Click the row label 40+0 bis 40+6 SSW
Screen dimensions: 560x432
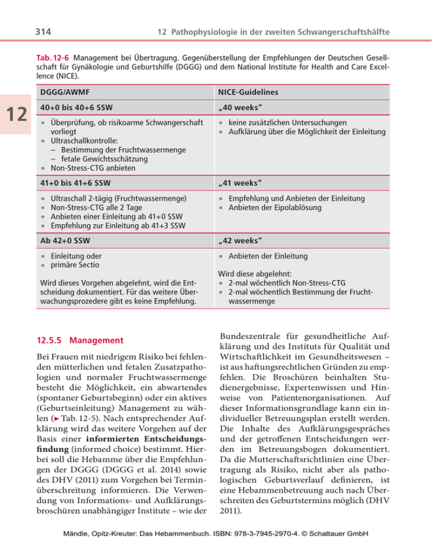pyautogui.click(x=75, y=108)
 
